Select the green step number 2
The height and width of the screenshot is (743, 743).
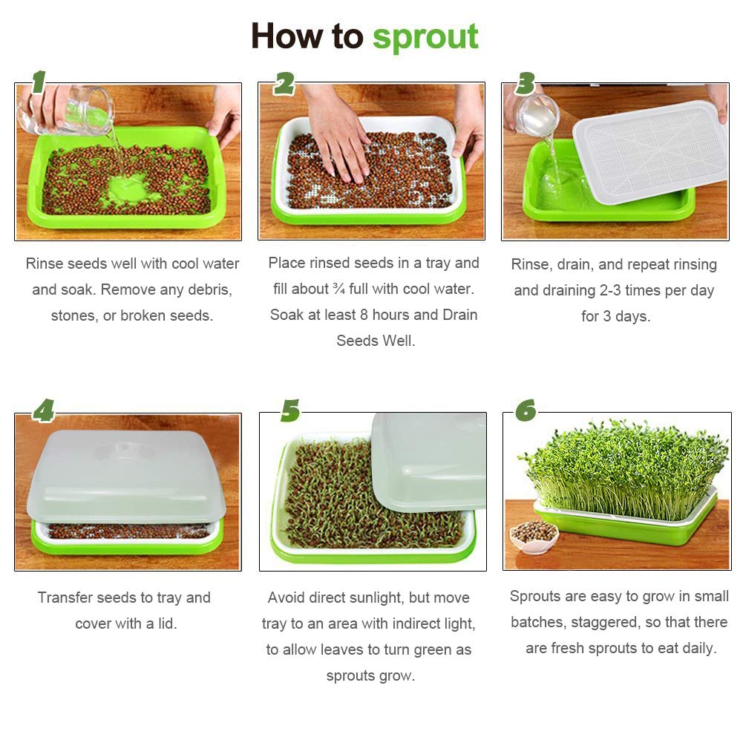pos(284,84)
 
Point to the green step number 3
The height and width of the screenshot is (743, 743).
pos(526,83)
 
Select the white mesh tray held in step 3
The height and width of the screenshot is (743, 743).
pos(649,148)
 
